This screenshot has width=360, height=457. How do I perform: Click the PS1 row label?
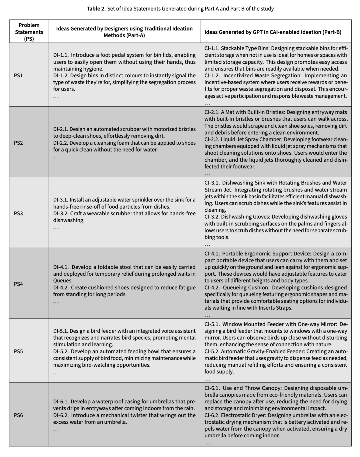[18, 75]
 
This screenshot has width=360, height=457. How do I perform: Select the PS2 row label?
[18, 143]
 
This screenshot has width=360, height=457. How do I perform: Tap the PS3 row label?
[18, 213]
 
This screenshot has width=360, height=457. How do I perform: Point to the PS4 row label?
[18, 284]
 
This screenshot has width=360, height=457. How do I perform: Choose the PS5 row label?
[18, 351]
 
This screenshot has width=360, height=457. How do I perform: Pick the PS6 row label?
[18, 415]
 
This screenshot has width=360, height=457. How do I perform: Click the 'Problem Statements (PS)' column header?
[29, 32]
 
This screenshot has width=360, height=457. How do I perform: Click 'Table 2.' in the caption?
[96, 9]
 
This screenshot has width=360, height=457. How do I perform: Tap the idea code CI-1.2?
[213, 76]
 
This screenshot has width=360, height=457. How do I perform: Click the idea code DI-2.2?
[61, 143]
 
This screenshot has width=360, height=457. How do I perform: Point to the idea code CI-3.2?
[213, 217]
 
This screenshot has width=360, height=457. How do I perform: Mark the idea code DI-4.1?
[61, 267]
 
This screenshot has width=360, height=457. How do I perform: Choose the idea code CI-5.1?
[212, 324]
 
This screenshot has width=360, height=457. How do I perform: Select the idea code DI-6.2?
[61, 415]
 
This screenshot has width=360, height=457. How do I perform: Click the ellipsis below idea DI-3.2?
[56, 227]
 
